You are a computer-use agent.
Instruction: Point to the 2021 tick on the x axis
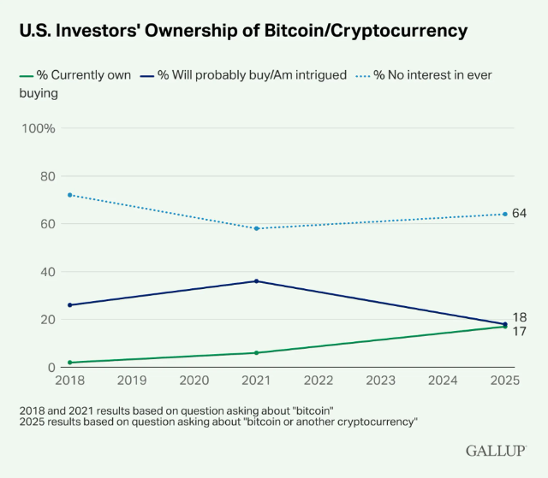click(x=257, y=380)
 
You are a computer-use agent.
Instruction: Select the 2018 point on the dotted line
click(x=70, y=195)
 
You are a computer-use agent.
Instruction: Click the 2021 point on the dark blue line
click(x=257, y=281)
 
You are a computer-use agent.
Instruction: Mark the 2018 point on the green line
click(x=70, y=363)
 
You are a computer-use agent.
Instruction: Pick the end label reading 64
click(x=519, y=212)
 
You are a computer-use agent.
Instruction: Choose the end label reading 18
click(x=519, y=317)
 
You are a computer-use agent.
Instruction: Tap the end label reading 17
click(x=519, y=331)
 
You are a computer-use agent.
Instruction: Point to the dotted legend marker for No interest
click(x=360, y=75)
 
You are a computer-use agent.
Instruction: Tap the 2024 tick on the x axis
click(x=444, y=380)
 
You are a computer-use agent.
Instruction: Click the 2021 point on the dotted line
click(x=257, y=228)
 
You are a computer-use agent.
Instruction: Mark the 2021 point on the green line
click(x=257, y=352)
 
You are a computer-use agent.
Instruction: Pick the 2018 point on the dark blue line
click(x=70, y=305)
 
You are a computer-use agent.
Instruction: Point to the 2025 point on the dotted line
click(x=505, y=214)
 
